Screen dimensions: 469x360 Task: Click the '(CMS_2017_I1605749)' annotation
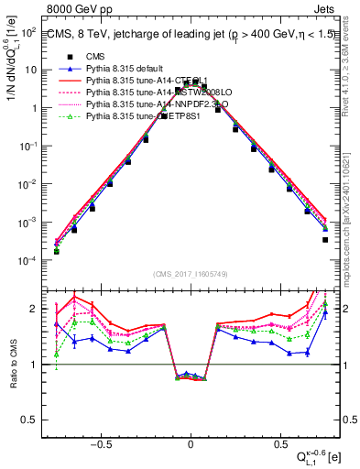point(191,274)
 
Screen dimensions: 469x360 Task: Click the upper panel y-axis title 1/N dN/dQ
point(11,55)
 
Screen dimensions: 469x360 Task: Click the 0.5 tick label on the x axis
point(280,440)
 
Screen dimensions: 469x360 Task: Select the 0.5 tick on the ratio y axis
point(38,420)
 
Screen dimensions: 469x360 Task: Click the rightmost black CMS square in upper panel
point(325,240)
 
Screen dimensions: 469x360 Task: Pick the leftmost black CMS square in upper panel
point(57,251)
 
